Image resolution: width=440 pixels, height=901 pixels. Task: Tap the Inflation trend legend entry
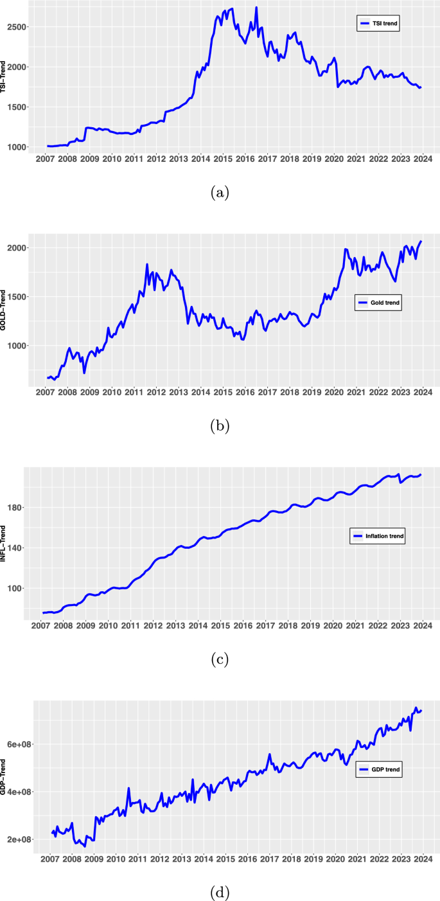coord(379,535)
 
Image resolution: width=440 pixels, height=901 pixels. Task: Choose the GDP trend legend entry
coord(378,769)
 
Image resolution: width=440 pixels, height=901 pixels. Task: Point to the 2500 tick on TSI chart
coord(17,27)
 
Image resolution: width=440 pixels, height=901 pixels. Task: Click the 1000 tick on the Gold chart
coord(17,346)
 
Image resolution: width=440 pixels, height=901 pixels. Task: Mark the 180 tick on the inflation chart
coord(16,508)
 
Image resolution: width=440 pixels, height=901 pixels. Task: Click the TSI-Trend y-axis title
coord(4,77)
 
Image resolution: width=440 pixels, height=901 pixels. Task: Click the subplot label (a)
coord(220,192)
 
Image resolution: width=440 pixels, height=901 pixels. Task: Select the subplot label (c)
coord(220,659)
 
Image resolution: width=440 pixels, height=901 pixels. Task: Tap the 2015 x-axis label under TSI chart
coord(223,159)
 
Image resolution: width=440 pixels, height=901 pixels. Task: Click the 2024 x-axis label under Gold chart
coord(423,392)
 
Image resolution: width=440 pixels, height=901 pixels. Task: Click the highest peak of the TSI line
coord(256,8)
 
